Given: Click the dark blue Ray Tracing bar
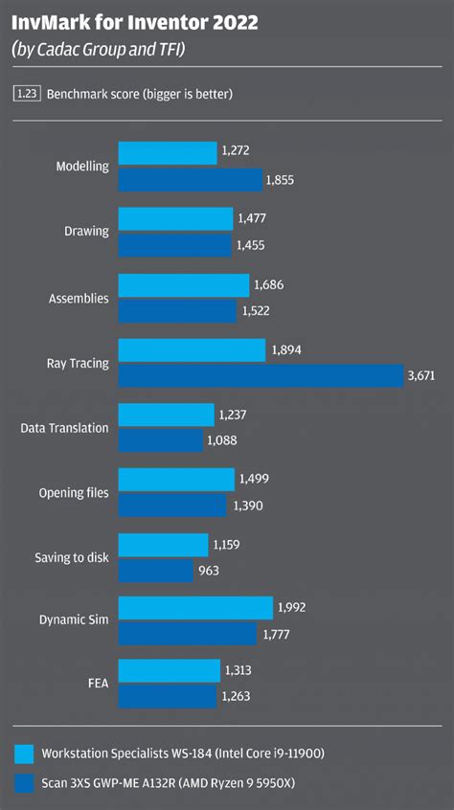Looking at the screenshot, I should (x=261, y=376).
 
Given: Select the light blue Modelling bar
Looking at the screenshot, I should (x=168, y=153).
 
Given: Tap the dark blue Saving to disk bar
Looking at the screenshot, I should (x=155, y=572).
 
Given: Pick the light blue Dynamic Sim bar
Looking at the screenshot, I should (x=195, y=607).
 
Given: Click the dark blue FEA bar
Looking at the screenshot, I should (x=167, y=696).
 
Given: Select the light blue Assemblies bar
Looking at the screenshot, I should (x=184, y=284).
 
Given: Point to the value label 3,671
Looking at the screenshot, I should (x=421, y=376).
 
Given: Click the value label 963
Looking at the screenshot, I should (x=210, y=572).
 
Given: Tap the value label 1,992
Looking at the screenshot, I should (x=292, y=607).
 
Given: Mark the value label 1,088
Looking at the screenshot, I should (x=221, y=441).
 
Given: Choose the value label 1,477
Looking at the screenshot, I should (x=251, y=219).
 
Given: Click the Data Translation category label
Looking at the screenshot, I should (x=64, y=428).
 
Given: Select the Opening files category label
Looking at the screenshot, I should (x=74, y=493).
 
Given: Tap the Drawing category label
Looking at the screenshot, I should (x=86, y=232).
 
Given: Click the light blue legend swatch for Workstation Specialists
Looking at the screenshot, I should (x=24, y=753).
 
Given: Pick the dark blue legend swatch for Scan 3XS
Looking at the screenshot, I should (x=24, y=782).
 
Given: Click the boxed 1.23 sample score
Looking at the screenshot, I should (x=26, y=94).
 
